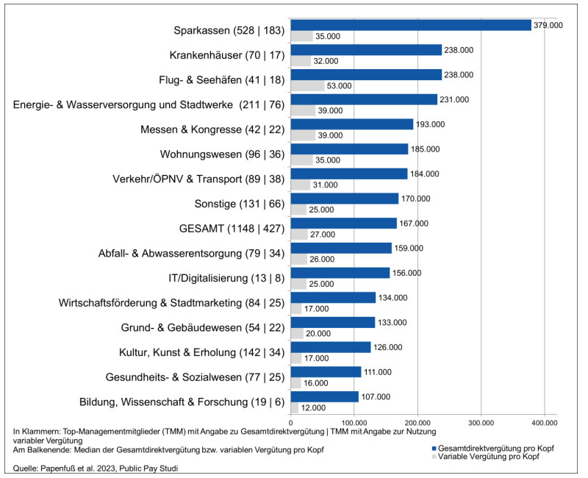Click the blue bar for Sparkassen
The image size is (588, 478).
[410, 25]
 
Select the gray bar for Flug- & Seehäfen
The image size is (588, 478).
[307, 86]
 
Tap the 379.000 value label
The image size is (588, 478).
[548, 25]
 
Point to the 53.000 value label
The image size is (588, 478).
[340, 86]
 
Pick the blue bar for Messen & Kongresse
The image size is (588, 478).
[351, 124]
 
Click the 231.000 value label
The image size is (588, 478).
[453, 99]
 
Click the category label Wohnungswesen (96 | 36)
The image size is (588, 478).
[221, 154]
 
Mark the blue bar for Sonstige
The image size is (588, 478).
[344, 199]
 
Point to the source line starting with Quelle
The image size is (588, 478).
[104, 468]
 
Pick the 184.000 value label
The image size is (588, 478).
[424, 174]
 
